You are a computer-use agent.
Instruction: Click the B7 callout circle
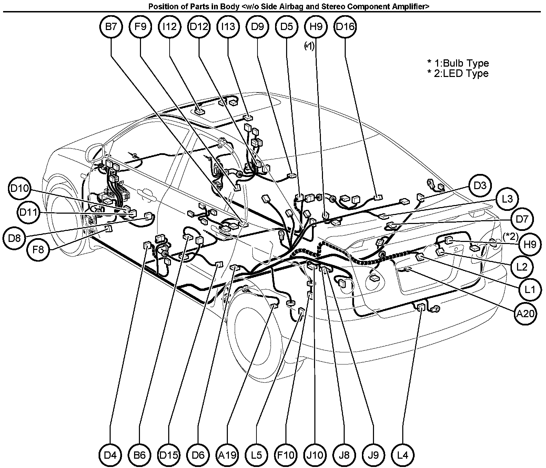(x=111, y=27)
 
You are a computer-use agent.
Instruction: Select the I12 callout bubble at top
(x=170, y=27)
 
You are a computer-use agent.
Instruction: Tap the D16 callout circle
(x=345, y=27)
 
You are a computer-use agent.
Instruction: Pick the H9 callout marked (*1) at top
(x=316, y=27)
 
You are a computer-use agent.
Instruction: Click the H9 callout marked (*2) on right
(x=530, y=244)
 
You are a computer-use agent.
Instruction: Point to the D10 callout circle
(x=20, y=188)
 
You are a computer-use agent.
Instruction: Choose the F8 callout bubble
(x=39, y=249)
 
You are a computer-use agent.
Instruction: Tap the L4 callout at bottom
(x=403, y=455)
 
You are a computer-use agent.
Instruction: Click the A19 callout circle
(x=228, y=455)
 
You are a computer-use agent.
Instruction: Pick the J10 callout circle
(x=315, y=455)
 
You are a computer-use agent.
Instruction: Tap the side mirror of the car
(x=95, y=153)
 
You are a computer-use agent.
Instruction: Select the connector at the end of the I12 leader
(x=199, y=111)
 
